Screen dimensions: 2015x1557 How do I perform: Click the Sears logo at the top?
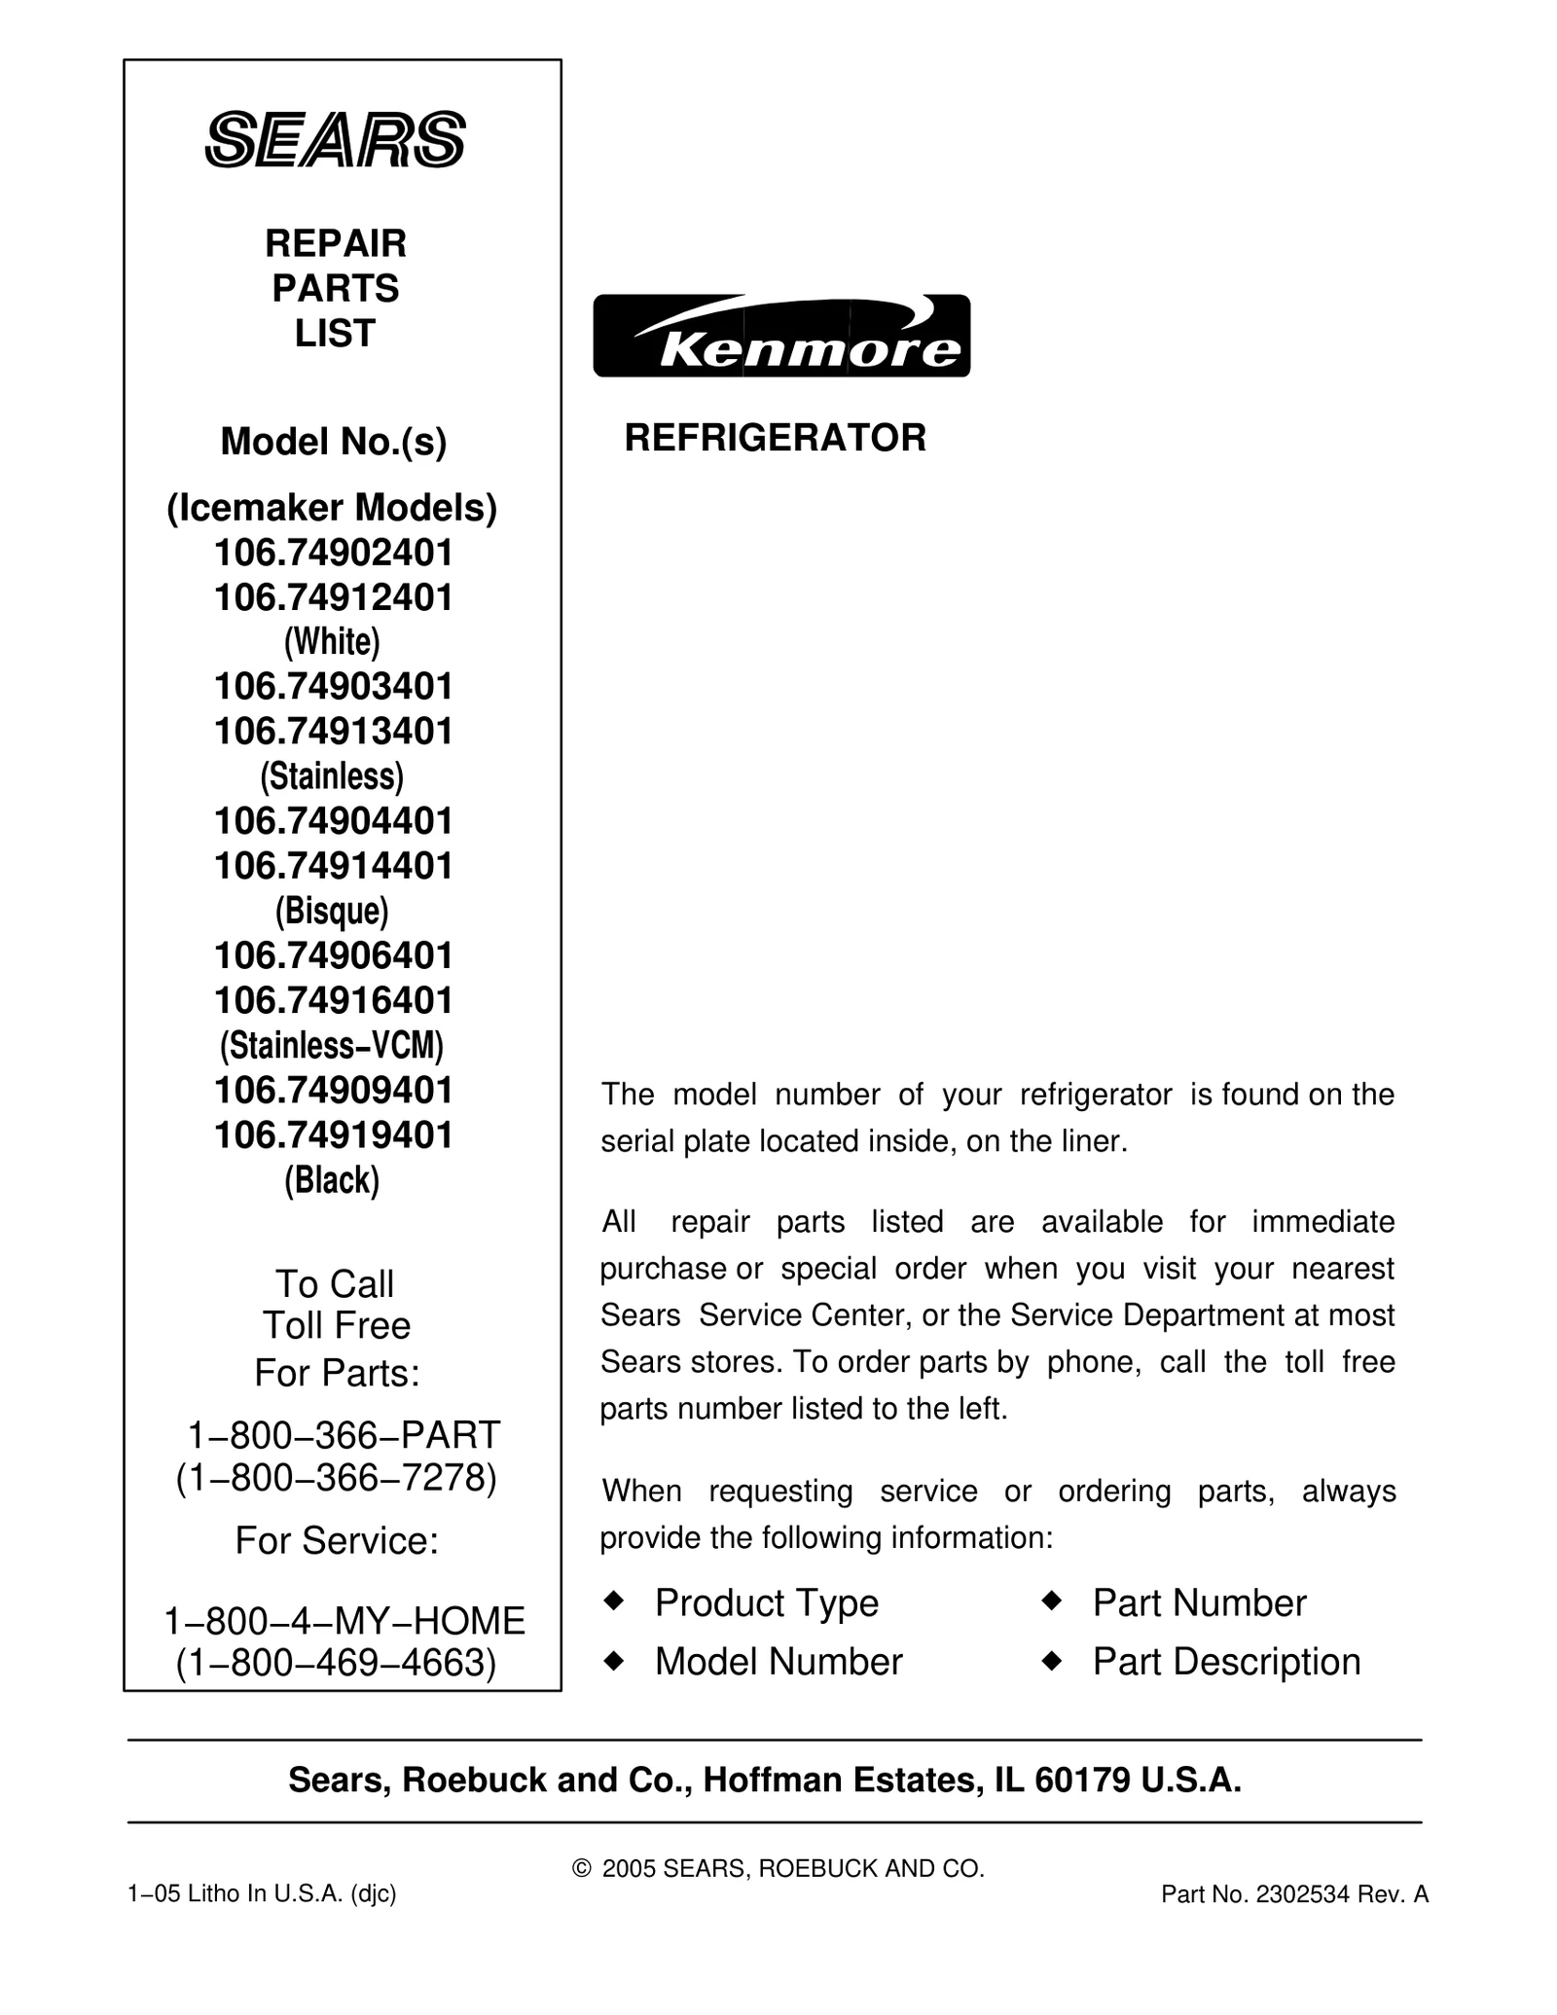click(x=335, y=140)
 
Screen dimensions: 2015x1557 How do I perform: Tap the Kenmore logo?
click(x=781, y=336)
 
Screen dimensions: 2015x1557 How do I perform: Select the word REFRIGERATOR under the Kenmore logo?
click(x=775, y=438)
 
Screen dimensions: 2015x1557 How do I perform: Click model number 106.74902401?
click(x=334, y=553)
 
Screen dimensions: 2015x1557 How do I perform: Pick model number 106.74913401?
click(x=334, y=731)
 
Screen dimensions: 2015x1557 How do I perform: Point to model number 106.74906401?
click(x=334, y=955)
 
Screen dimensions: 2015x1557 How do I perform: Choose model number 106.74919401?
click(x=334, y=1134)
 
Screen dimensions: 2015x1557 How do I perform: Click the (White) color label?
click(x=332, y=641)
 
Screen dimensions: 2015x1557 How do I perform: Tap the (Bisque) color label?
click(x=332, y=911)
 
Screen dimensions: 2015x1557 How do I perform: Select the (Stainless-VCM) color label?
click(x=332, y=1045)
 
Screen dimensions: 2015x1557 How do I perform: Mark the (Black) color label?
click(x=332, y=1179)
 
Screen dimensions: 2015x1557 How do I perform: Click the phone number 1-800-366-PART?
click(x=344, y=1434)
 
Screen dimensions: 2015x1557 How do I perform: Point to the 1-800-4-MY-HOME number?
click(x=344, y=1620)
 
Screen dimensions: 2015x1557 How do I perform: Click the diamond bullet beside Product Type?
click(x=613, y=1601)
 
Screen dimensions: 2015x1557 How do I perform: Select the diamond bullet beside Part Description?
click(x=1051, y=1660)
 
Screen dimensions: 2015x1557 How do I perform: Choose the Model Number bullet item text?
click(x=778, y=1662)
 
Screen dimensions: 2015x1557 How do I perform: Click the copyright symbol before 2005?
click(x=582, y=1868)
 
